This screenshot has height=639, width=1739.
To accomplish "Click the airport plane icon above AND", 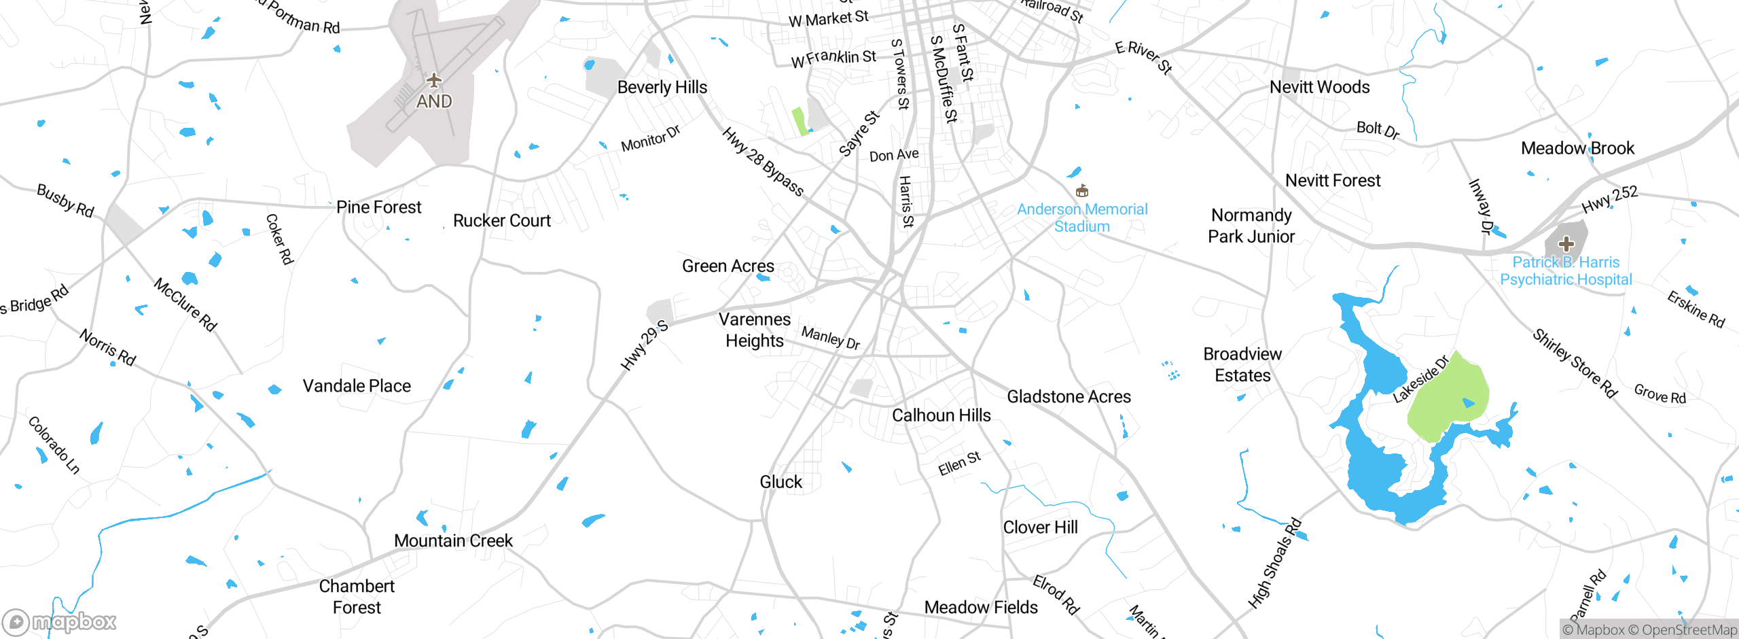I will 434,81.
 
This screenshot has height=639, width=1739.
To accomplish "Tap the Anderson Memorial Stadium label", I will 1082,218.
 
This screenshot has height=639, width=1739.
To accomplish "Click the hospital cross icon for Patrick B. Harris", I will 1566,243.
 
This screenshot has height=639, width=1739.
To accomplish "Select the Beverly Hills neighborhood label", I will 662,87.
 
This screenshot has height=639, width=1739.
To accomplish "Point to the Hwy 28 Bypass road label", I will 762,162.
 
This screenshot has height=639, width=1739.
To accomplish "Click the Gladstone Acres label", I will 1069,396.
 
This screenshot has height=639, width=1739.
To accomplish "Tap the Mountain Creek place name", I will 453,540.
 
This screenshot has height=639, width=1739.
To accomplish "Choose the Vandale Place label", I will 357,386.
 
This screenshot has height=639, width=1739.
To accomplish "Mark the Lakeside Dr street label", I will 1420,379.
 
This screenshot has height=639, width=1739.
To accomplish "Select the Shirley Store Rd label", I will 1574,363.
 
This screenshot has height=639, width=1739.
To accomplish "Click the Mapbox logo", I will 60,621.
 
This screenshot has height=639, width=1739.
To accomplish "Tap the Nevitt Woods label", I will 1319,87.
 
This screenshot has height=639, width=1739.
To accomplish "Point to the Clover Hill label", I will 1040,528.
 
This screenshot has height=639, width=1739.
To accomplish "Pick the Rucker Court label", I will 501,221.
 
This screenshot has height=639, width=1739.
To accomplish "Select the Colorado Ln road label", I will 54,445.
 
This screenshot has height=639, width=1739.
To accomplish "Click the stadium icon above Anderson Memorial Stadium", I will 1082,190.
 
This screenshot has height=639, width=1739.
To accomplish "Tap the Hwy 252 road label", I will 1609,200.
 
